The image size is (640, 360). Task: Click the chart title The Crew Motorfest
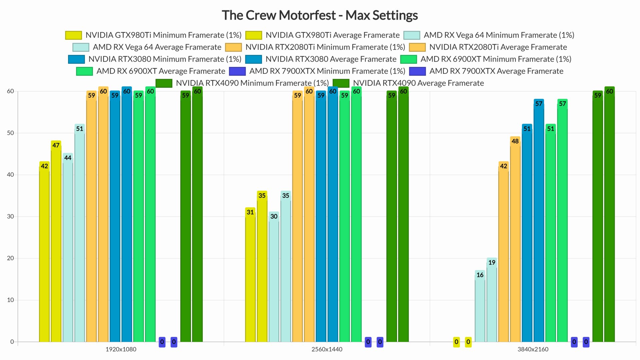pos(320,15)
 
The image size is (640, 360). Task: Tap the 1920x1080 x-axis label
pos(121,349)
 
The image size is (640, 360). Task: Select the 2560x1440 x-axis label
pos(327,349)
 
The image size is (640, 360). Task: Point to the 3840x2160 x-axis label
pos(533,349)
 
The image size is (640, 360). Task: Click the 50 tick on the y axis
pos(10,133)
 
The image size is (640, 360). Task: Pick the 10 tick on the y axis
pos(10,300)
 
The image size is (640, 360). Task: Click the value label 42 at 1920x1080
pos(44,166)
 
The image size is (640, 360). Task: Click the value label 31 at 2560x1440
pos(250,212)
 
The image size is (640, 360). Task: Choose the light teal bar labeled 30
pos(274,280)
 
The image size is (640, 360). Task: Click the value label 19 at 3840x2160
pos(492,262)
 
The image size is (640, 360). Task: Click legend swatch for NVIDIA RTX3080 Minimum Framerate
pos(76,59)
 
